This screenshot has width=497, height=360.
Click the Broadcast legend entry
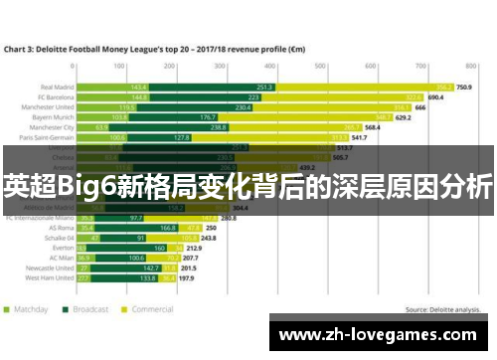coord(89,309)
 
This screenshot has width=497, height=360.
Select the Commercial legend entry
coord(152,309)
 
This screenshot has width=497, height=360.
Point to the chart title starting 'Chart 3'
coord(149,47)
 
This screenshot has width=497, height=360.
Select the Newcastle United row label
coord(50,269)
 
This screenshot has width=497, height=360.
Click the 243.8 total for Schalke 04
coord(209,238)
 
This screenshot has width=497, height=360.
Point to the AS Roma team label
coord(62,228)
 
